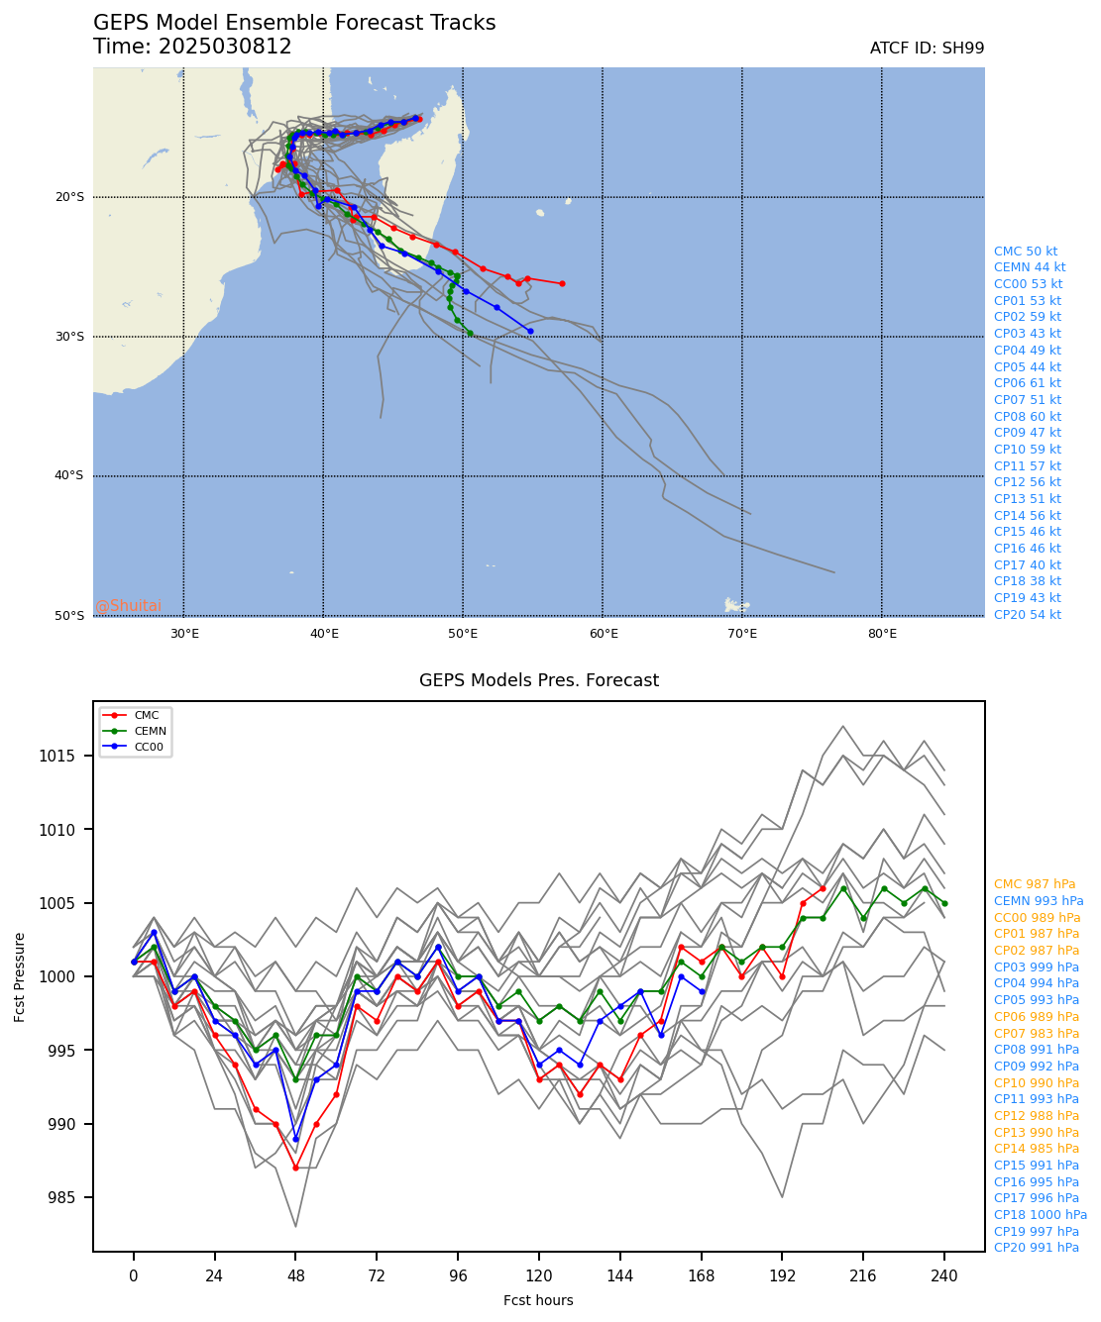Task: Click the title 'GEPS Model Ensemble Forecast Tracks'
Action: pyautogui.click(x=294, y=24)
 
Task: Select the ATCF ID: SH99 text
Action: pyautogui.click(x=927, y=49)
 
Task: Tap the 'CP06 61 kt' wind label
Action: pyautogui.click(x=1027, y=383)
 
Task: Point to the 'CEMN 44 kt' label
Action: pyautogui.click(x=1030, y=267)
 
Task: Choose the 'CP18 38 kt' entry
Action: pyautogui.click(x=1027, y=581)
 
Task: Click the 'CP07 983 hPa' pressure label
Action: pyautogui.click(x=1036, y=1033)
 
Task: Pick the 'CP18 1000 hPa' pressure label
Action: pyautogui.click(x=1040, y=1215)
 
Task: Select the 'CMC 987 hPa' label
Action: pyautogui.click(x=1034, y=884)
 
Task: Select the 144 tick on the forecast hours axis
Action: pyautogui.click(x=620, y=1276)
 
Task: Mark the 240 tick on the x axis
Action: pyautogui.click(x=944, y=1276)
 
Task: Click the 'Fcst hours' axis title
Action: pyautogui.click(x=538, y=1300)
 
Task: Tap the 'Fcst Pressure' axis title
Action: pyautogui.click(x=20, y=976)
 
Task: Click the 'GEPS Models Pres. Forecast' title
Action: pyautogui.click(x=538, y=680)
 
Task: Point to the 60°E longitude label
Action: pyautogui.click(x=603, y=634)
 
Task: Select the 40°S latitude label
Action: pyautogui.click(x=68, y=476)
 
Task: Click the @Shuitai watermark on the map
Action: pyautogui.click(x=128, y=606)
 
